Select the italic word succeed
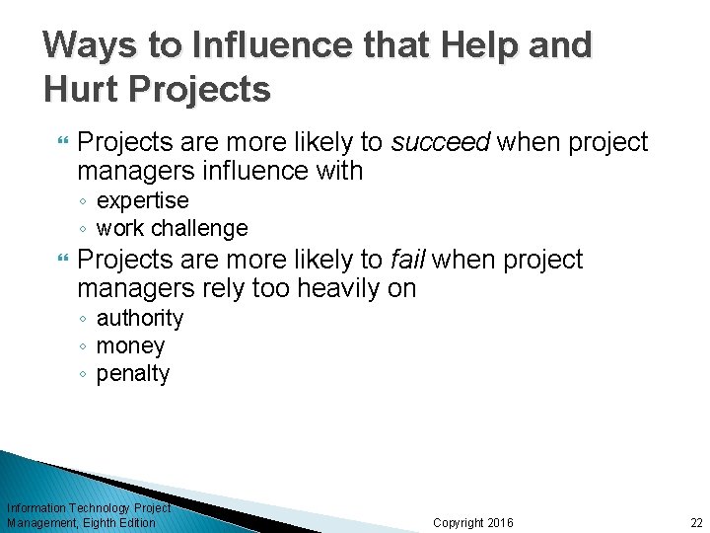[441, 143]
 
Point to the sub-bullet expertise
[142, 200]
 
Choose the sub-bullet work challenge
[172, 228]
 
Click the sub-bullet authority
[139, 318]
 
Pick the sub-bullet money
[130, 345]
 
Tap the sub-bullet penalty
[132, 373]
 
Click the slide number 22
[696, 522]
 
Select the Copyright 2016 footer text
[473, 522]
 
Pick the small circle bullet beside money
[85, 346]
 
